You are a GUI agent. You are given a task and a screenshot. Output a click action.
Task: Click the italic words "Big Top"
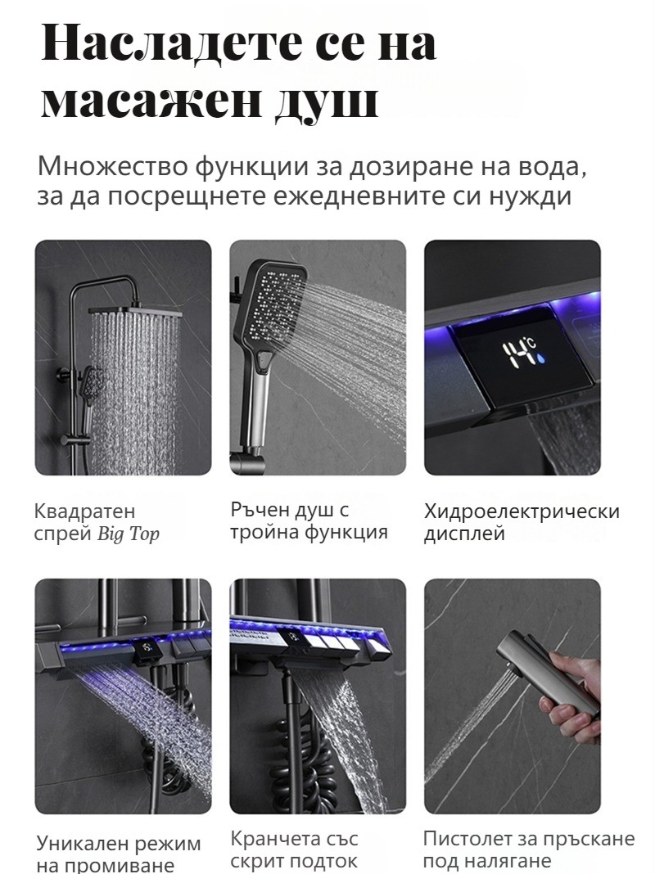coord(129,534)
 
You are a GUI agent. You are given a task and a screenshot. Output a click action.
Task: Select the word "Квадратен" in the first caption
coord(84,511)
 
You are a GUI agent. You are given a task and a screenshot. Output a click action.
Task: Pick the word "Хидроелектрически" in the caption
coord(522,511)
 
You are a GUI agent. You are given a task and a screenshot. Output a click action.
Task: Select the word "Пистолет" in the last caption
coord(469,838)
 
